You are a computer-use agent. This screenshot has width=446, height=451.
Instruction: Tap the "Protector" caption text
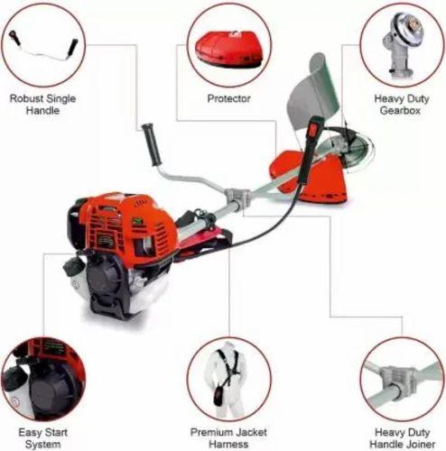[x=228, y=97]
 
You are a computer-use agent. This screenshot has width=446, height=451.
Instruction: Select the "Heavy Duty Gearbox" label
[x=400, y=104]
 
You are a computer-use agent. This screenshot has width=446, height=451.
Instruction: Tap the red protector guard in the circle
[x=228, y=50]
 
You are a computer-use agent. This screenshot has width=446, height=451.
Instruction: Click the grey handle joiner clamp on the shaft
[x=237, y=196]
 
